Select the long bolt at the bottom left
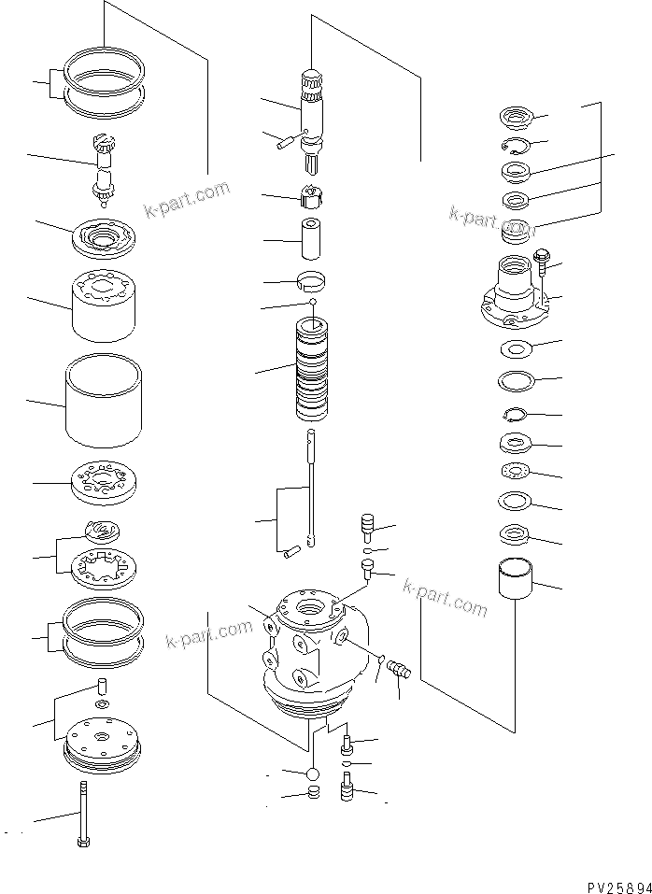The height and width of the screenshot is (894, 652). (83, 812)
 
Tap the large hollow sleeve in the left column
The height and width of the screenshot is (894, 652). (104, 399)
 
